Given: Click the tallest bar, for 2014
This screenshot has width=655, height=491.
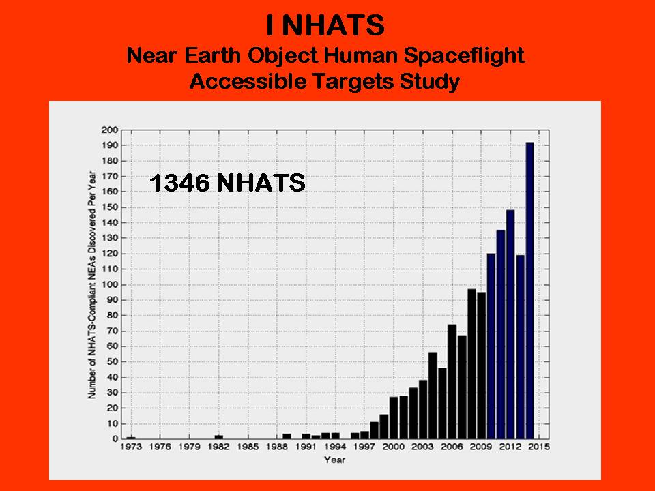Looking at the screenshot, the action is tap(529, 291).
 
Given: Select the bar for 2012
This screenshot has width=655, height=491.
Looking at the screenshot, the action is tap(510, 325).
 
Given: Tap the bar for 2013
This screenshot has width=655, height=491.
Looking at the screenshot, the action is tap(520, 347).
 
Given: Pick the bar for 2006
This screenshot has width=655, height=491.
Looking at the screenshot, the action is tap(452, 382).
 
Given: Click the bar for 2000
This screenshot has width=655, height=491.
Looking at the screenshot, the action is tap(394, 418).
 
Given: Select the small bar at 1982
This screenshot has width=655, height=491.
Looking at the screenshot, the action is tap(219, 437).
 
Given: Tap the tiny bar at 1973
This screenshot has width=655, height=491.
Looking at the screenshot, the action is tap(131, 438).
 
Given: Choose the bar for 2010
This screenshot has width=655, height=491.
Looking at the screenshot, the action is tap(491, 346).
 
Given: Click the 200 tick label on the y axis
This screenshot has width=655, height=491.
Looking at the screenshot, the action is tap(110, 130).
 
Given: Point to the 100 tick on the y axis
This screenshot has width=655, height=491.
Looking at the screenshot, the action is tap(110, 285).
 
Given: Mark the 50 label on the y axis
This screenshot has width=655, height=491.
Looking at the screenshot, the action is tap(113, 362).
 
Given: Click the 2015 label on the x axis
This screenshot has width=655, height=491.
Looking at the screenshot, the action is tap(539, 447).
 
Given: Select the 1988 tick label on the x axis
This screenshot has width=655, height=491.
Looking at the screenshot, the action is tap(276, 447).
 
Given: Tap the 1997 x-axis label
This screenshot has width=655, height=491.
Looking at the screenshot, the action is tap(364, 447).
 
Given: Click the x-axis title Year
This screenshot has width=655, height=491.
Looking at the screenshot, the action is tap(334, 460).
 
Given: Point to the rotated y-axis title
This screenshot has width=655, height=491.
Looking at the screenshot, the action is tap(92, 285).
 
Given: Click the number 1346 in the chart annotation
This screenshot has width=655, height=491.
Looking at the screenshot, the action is tap(179, 183).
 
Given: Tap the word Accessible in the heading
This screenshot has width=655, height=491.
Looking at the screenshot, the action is tap(250, 80).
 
